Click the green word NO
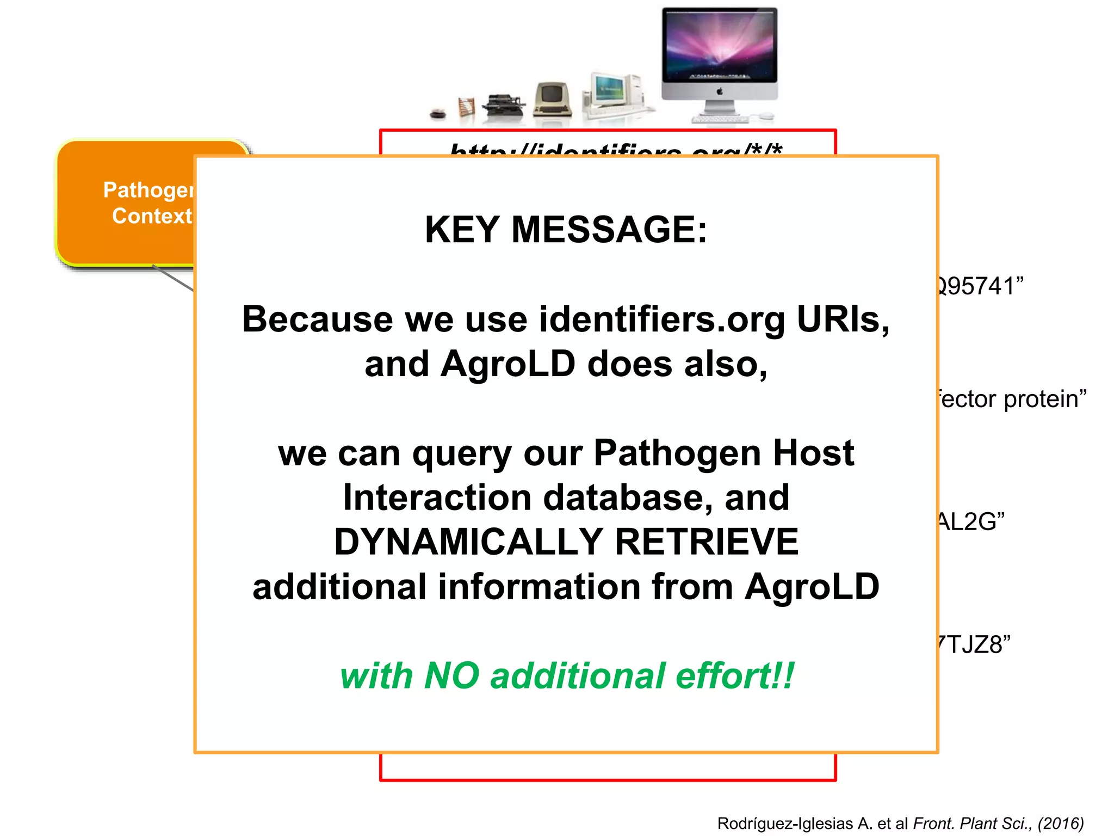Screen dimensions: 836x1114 tap(451, 676)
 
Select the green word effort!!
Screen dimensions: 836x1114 tap(734, 676)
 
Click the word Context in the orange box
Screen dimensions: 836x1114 tap(152, 216)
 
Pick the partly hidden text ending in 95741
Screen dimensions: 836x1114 tap(979, 286)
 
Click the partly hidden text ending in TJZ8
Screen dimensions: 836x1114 tap(974, 645)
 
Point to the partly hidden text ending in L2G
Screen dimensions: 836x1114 tap(971, 522)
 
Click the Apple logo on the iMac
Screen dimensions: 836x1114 tap(719, 91)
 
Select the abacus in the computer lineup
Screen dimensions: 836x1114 tap(466, 107)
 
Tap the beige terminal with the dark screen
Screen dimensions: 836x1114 tap(552, 99)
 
